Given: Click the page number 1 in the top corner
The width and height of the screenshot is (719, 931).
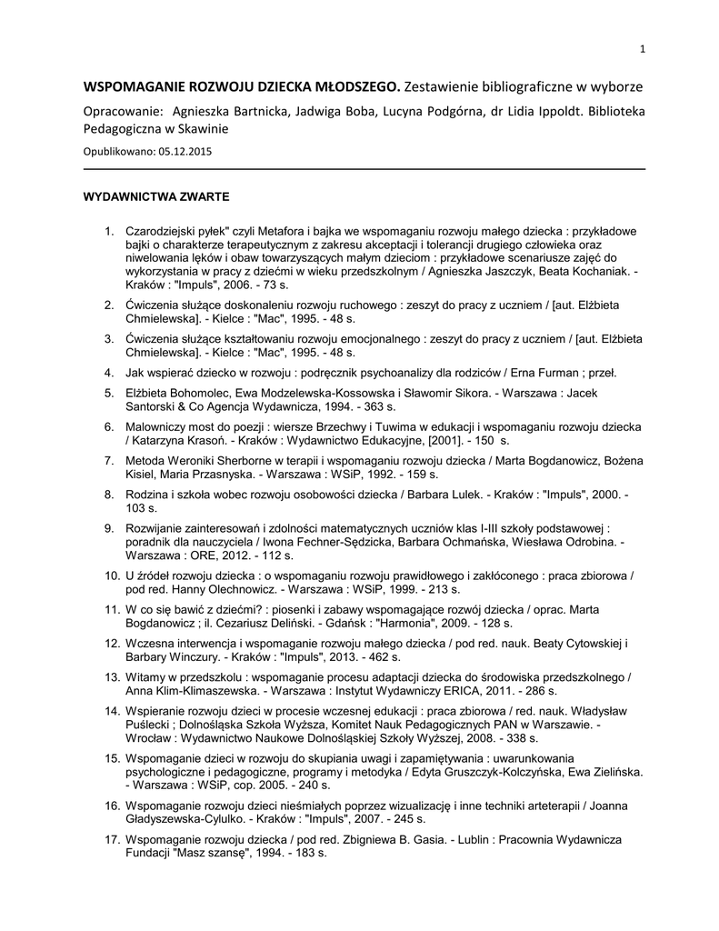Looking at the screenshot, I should point(642,48).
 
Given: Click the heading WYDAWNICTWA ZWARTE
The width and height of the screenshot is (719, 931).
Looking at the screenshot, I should point(156,195).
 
